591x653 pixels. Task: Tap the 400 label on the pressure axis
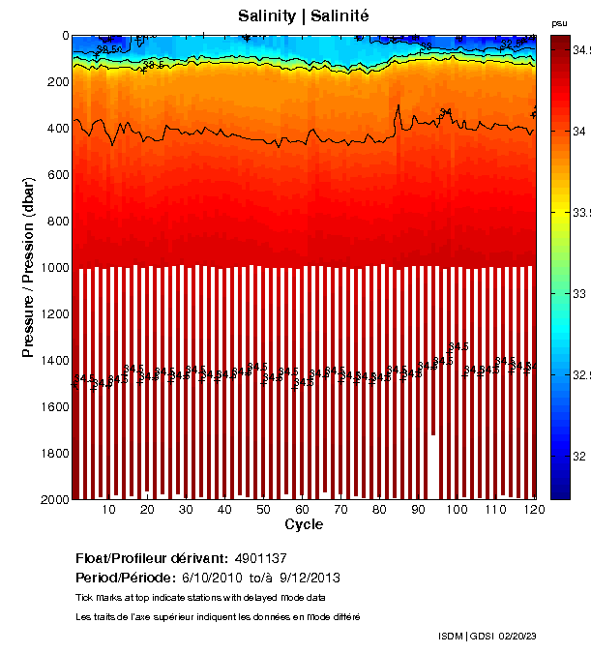(x=57, y=129)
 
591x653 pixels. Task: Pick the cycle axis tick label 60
(x=302, y=510)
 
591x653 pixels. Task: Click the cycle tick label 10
(x=108, y=510)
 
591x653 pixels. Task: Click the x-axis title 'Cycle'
(x=304, y=525)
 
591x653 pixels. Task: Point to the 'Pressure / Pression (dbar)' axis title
(x=28, y=267)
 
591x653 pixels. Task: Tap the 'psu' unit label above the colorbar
(x=559, y=22)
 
